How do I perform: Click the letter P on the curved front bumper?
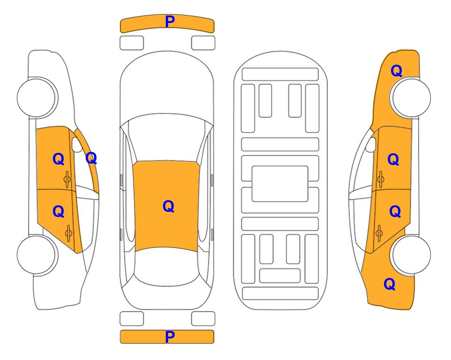[x=170, y=22]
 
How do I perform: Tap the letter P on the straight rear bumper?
[x=170, y=337]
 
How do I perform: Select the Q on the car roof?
[x=169, y=206]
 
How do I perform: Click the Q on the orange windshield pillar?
[x=91, y=158]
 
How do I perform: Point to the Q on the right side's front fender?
[x=396, y=71]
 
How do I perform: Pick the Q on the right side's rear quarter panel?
[x=390, y=284]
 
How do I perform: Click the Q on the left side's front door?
[x=59, y=159]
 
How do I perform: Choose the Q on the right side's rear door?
[x=395, y=211]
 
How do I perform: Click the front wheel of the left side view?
[x=36, y=97]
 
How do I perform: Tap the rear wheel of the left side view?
[x=36, y=255]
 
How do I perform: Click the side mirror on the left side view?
[x=77, y=144]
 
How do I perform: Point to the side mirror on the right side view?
[x=371, y=144]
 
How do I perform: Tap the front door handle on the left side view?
[x=67, y=179]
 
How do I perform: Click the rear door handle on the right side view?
[x=379, y=233]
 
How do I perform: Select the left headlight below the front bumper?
[x=132, y=43]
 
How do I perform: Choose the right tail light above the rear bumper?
[x=203, y=319]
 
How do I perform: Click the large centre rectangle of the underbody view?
[x=280, y=184]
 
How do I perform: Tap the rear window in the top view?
[x=167, y=267]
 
